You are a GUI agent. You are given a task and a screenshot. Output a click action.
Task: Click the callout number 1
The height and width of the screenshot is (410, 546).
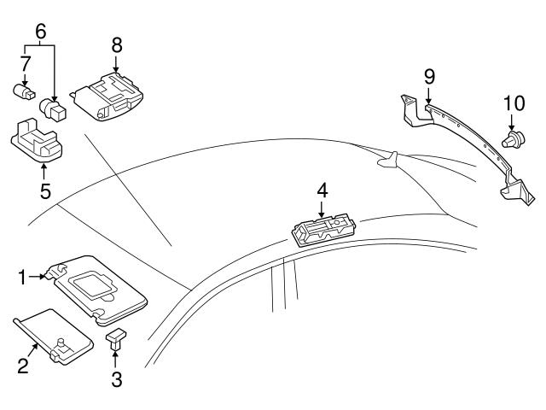(25, 276)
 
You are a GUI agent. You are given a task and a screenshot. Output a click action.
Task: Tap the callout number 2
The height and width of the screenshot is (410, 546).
(23, 366)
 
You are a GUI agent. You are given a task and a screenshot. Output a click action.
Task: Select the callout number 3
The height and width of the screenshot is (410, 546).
(115, 378)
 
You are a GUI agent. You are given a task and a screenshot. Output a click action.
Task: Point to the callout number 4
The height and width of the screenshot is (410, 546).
(322, 190)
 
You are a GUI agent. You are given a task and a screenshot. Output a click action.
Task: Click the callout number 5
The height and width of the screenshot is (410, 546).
(44, 190)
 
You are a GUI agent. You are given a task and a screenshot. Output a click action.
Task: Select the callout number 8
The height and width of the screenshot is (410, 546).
(116, 44)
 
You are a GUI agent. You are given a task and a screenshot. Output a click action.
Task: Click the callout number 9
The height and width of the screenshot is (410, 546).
(428, 77)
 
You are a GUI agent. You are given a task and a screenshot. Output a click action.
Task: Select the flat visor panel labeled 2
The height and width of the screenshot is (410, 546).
(53, 337)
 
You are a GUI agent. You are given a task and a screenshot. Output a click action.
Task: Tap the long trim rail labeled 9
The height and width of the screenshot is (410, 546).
(461, 141)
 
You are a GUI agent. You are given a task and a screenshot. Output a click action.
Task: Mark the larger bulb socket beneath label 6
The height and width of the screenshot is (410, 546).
(55, 108)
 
